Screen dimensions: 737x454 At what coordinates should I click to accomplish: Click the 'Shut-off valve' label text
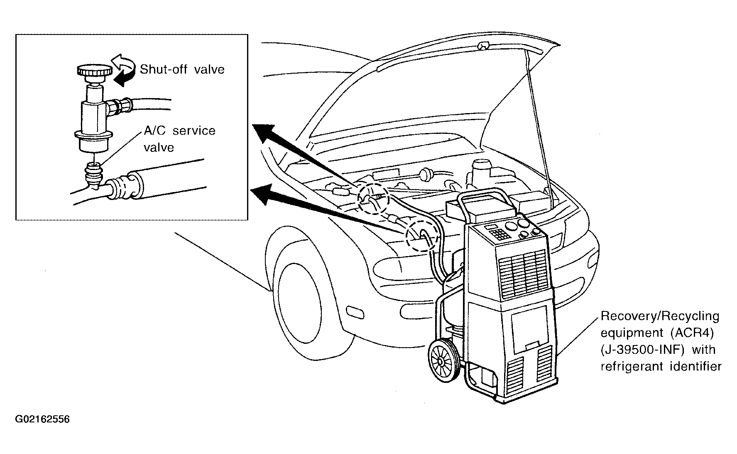point(182,69)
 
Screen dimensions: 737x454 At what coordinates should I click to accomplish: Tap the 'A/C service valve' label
point(179,139)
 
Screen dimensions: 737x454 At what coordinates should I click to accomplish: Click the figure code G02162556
point(42,419)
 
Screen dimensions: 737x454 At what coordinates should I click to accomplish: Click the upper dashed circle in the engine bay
point(373,198)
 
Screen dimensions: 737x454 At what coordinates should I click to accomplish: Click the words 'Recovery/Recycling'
point(660,316)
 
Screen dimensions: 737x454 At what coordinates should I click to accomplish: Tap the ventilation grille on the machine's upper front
point(523,274)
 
